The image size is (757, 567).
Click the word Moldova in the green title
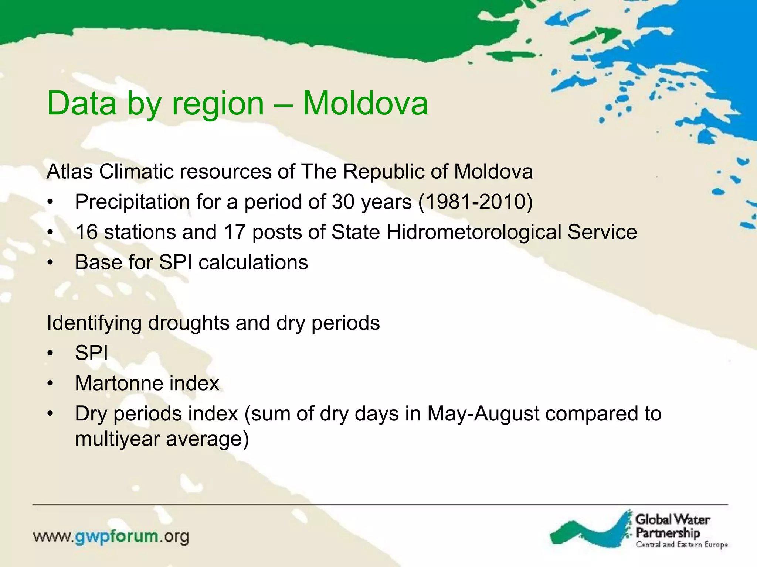[x=365, y=103]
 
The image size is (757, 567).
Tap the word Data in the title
[x=82, y=103]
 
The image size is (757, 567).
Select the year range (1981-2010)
[x=475, y=202]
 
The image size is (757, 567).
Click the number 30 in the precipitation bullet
[x=343, y=202]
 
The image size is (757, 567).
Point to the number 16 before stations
[x=86, y=232]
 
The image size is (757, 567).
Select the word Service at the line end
[x=602, y=232]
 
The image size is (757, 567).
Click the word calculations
[x=253, y=262]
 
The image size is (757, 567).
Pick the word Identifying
[x=94, y=323]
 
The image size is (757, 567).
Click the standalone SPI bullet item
[x=91, y=353]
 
